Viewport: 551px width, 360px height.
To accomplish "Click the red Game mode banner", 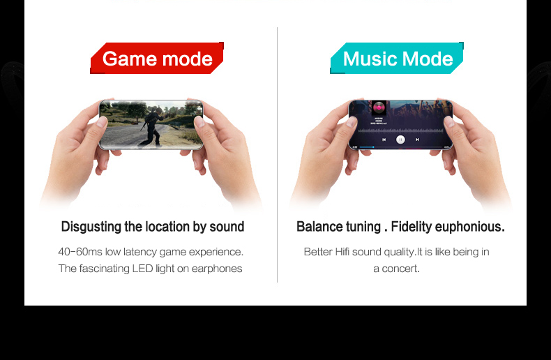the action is (x=157, y=58).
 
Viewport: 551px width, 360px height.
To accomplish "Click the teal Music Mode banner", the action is (x=397, y=58).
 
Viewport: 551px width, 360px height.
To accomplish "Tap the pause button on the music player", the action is (x=400, y=140).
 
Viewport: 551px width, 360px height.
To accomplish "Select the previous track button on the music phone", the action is (x=384, y=140).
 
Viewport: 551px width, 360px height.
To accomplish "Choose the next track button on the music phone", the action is (x=417, y=140).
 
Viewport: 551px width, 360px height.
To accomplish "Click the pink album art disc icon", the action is (x=379, y=107).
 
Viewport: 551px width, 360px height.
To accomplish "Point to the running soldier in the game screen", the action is (x=152, y=126).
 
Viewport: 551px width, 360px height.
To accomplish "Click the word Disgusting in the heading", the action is (x=91, y=227).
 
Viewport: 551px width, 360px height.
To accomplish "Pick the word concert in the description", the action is (x=400, y=269).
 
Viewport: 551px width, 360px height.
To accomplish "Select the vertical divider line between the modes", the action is (x=278, y=155).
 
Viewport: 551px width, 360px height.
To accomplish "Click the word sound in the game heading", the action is (x=227, y=227).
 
